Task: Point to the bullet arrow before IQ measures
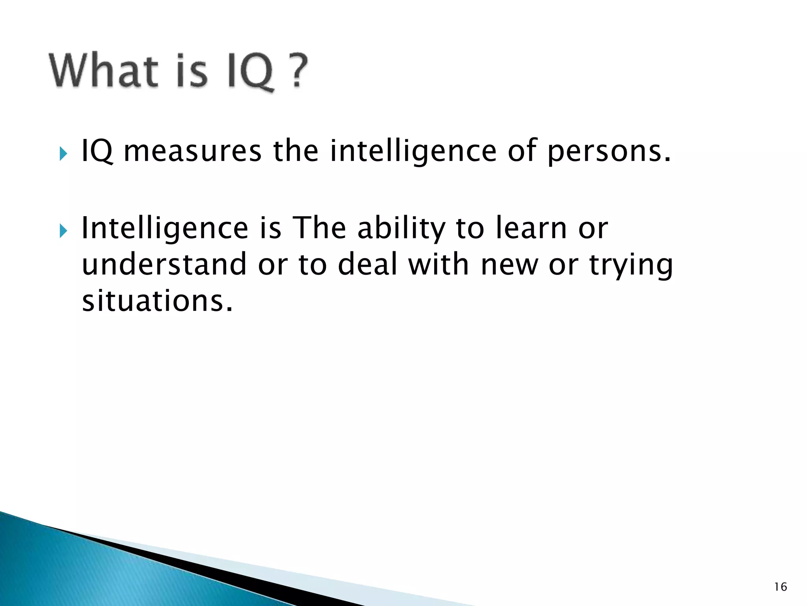[63, 153]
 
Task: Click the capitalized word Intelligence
[165, 229]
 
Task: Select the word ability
[401, 229]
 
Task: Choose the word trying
[631, 266]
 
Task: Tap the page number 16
[780, 587]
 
